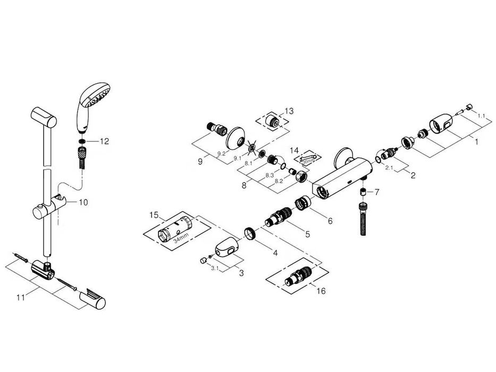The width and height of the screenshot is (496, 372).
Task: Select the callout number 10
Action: coord(83,202)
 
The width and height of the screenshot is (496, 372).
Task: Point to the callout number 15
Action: coord(154,215)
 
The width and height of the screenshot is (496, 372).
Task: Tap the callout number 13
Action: coord(289,111)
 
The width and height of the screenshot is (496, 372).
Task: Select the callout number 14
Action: coord(295,150)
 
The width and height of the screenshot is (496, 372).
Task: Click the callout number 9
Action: coord(200,160)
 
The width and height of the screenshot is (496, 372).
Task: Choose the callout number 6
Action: coord(330,220)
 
